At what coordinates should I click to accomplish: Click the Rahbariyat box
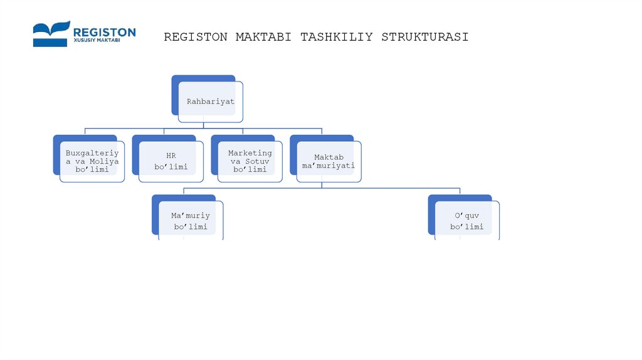209,100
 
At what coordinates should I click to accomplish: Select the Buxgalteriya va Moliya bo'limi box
92,161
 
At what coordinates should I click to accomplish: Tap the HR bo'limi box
171,161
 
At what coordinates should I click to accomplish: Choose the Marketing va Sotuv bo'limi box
250,161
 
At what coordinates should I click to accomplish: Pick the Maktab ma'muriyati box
329,161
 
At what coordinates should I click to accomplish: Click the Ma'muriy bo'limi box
190,220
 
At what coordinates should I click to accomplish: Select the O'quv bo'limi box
466,220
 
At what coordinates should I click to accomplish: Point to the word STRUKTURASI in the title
424,37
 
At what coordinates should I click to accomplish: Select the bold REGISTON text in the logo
104,31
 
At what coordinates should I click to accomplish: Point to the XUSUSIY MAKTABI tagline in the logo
97,41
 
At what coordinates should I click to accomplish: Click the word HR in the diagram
171,155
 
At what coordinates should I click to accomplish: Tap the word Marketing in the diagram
250,153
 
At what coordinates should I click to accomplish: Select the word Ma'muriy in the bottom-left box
190,216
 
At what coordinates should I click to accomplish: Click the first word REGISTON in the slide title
196,37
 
